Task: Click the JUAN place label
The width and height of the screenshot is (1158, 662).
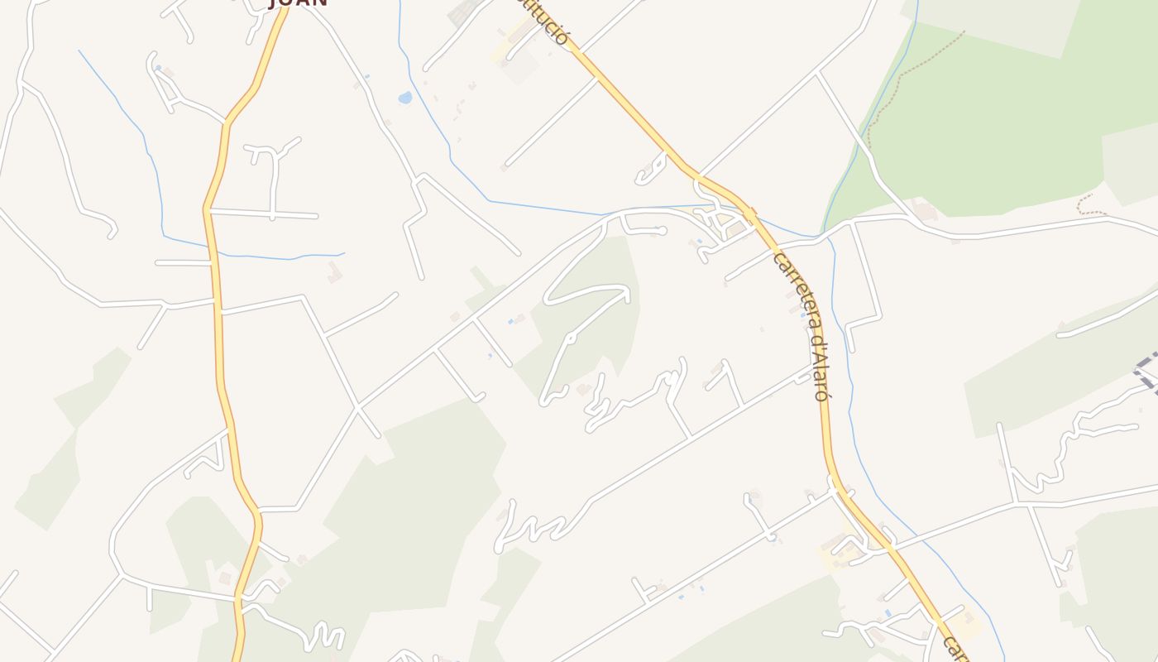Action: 299,2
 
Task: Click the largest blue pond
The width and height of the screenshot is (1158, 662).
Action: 404,98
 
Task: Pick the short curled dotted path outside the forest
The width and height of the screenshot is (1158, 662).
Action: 1090,205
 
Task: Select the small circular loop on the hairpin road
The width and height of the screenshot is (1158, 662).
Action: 570,338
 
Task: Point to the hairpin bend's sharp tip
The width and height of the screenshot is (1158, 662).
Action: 547,298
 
